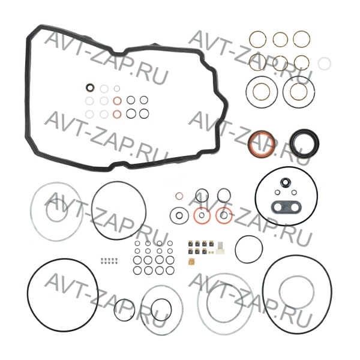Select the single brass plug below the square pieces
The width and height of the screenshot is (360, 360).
pyautogui.click(x=191, y=262)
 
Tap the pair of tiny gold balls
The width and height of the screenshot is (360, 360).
pyautogui.click(x=211, y=253)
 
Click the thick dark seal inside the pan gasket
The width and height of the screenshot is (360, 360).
pyautogui.click(x=90, y=88)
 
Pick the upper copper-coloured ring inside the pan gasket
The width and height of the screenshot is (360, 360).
pyautogui.click(x=117, y=101)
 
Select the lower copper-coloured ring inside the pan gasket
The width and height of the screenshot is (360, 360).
pyautogui.click(x=117, y=114)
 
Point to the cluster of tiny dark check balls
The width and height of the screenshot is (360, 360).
pyautogui.click(x=109, y=261)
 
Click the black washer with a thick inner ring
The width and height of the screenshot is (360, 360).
pyautogui.click(x=171, y=215)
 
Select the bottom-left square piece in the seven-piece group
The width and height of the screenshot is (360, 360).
pyautogui.click(x=190, y=251)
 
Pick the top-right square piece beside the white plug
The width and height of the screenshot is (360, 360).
pyautogui.click(x=212, y=243)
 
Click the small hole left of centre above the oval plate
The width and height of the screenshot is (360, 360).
pyautogui.click(x=278, y=192)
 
